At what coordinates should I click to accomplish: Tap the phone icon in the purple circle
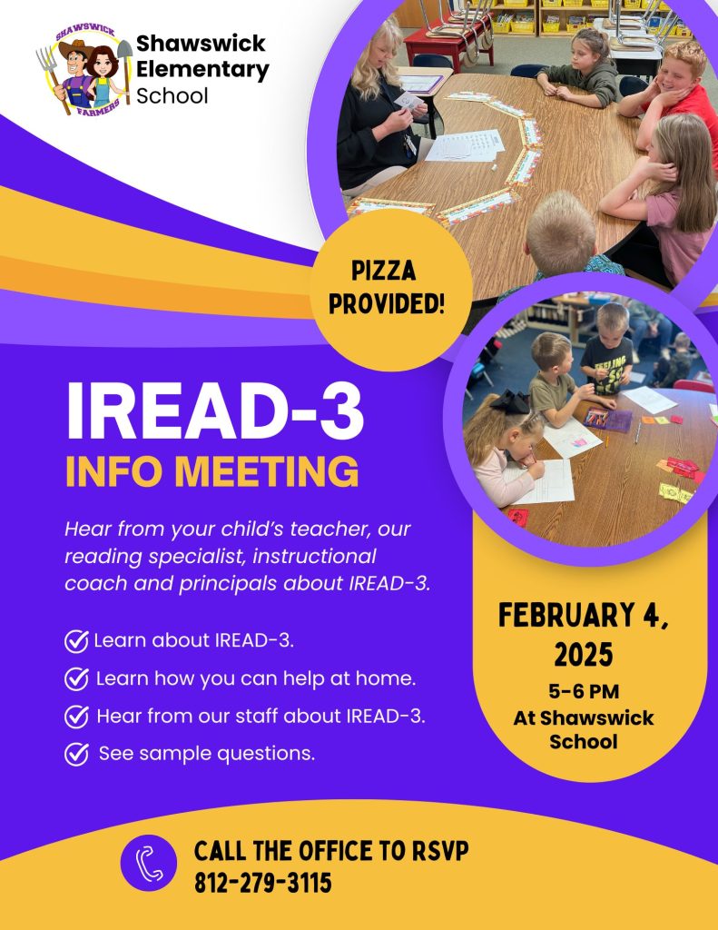(x=149, y=863)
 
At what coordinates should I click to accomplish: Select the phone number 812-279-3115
(x=262, y=883)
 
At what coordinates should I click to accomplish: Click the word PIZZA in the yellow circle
(x=384, y=271)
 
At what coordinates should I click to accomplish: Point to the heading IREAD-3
(x=214, y=411)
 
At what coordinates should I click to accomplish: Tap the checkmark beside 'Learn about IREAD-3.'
(x=76, y=641)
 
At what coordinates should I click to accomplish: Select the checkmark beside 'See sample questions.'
(x=76, y=755)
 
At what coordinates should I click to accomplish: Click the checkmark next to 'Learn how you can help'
(x=76, y=679)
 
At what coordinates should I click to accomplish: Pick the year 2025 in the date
(x=584, y=655)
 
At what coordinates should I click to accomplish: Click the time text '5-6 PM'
(x=584, y=691)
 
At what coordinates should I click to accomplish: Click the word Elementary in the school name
(x=202, y=69)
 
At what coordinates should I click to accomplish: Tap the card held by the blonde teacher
(x=409, y=101)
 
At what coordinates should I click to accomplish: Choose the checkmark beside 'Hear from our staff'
(x=76, y=717)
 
